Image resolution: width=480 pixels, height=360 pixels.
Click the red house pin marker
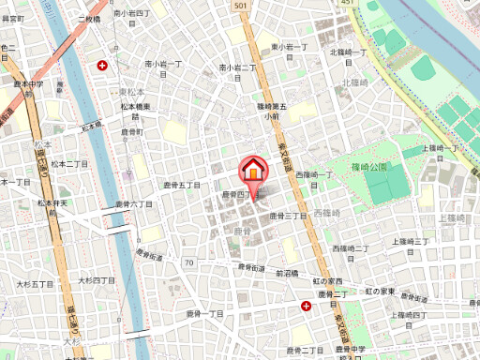coord(253,172)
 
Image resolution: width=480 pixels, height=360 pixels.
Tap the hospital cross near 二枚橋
coord(102,66)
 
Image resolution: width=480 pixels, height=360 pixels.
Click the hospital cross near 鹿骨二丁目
coord(306,306)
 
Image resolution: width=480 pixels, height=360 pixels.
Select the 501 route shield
coord(241,6)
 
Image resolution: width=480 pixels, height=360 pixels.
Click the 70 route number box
coord(188,262)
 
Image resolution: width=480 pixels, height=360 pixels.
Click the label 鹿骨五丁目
coord(182,186)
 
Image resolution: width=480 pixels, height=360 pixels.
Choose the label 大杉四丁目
coord(97,280)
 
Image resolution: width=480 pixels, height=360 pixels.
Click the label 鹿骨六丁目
coord(133,203)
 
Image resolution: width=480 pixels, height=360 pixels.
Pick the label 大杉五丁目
coord(35,283)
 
